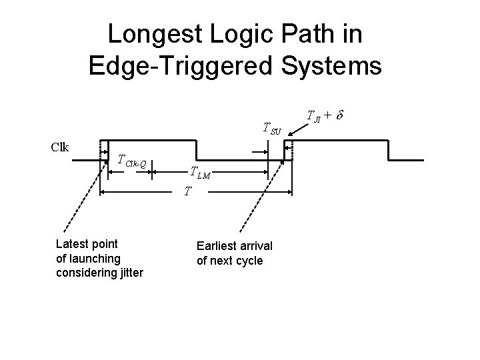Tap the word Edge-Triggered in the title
[x=173, y=65]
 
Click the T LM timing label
[x=200, y=174]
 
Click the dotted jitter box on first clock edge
[x=105, y=151]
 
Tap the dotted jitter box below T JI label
[x=288, y=151]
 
